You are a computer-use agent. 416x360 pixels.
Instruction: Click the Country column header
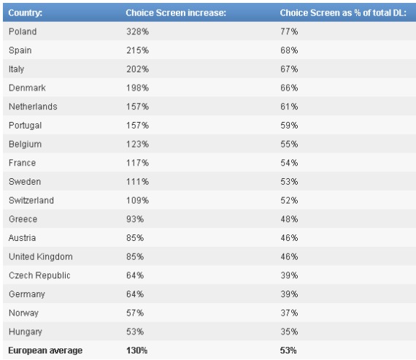click(x=26, y=13)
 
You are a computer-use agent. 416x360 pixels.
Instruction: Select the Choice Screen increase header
click(x=176, y=13)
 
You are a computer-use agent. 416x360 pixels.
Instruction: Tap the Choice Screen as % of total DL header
click(x=343, y=13)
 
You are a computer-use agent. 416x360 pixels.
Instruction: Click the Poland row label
click(x=23, y=31)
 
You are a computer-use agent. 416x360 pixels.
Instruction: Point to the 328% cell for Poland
click(x=137, y=31)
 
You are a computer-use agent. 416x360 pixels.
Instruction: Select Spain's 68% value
click(x=289, y=50)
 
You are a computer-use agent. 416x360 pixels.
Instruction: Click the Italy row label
click(x=17, y=69)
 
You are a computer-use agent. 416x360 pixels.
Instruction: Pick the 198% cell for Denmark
click(x=137, y=88)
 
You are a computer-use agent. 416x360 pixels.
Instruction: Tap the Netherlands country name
click(x=33, y=107)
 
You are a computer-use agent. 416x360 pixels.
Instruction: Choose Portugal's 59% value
click(x=289, y=126)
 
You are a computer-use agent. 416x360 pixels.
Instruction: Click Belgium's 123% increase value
click(x=137, y=144)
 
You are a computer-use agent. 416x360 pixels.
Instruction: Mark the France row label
click(x=23, y=163)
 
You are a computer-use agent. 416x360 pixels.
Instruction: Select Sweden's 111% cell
click(x=137, y=182)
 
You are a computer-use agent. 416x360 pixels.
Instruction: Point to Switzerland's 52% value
click(x=289, y=200)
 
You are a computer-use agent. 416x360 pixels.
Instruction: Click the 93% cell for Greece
click(x=135, y=219)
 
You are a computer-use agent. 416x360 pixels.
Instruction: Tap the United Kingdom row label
click(x=41, y=257)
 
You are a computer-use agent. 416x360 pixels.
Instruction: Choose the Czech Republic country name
click(x=39, y=275)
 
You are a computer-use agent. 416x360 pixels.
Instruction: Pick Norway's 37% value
click(x=289, y=313)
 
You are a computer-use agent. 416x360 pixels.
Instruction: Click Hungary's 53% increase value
click(x=135, y=332)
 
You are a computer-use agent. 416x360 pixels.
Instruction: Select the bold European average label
click(x=45, y=351)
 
